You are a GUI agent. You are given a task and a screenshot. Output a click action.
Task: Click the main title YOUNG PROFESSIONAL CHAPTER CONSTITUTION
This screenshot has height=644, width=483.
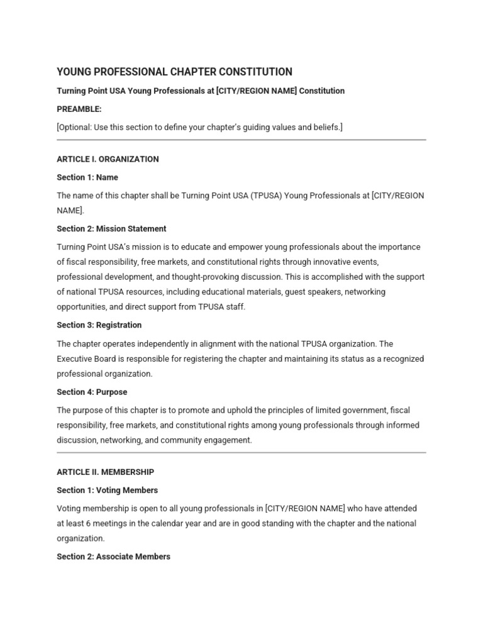174,72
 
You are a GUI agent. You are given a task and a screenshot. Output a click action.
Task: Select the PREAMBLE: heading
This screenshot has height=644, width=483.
79,109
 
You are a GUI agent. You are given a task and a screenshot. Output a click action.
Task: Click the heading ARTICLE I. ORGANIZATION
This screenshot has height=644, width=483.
108,159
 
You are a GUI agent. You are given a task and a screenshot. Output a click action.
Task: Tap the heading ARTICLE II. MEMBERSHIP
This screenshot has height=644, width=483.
105,472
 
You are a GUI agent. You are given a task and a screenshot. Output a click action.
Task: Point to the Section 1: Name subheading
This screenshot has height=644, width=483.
87,177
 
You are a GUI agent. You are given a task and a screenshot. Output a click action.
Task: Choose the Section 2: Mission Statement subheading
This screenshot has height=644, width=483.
111,229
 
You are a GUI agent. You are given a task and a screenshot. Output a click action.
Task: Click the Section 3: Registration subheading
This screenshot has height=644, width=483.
99,325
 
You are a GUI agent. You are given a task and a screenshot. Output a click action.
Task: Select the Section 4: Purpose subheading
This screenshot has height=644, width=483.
92,392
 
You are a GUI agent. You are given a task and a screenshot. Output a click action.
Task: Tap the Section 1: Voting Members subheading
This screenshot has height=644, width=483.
107,490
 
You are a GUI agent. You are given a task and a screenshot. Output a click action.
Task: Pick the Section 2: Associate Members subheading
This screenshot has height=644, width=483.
113,557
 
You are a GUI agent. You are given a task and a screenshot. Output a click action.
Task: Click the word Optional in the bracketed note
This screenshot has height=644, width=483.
74,127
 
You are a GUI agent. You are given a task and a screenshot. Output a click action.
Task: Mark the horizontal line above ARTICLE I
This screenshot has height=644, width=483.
241,140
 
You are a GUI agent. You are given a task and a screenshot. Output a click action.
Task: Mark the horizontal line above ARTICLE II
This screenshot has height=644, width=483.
241,452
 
